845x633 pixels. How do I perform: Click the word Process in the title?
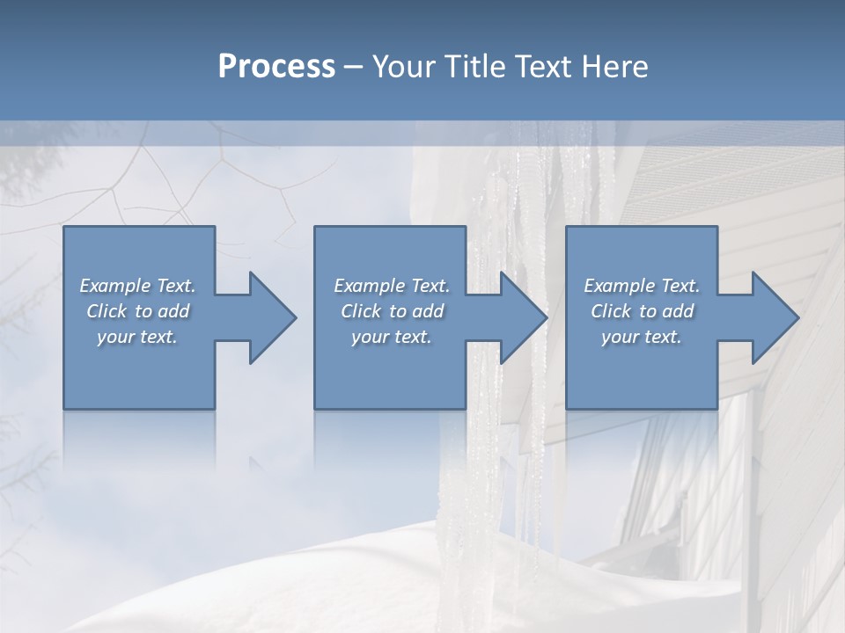pyautogui.click(x=276, y=67)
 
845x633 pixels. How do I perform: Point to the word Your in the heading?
pyautogui.click(x=403, y=67)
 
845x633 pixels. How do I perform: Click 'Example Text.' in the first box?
pyautogui.click(x=138, y=286)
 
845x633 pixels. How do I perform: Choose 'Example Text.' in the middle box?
pyautogui.click(x=392, y=286)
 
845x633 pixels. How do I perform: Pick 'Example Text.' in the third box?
pyautogui.click(x=642, y=286)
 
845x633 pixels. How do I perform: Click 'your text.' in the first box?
pyautogui.click(x=137, y=337)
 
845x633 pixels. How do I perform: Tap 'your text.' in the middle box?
pyautogui.click(x=392, y=337)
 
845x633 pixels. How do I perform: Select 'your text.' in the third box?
pyautogui.click(x=642, y=337)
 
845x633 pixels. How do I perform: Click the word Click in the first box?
pyautogui.click(x=107, y=311)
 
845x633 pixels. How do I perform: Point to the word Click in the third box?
pyautogui.click(x=611, y=311)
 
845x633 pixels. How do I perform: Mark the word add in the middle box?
pyautogui.click(x=428, y=311)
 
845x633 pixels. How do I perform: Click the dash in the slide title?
pyautogui.click(x=354, y=68)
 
